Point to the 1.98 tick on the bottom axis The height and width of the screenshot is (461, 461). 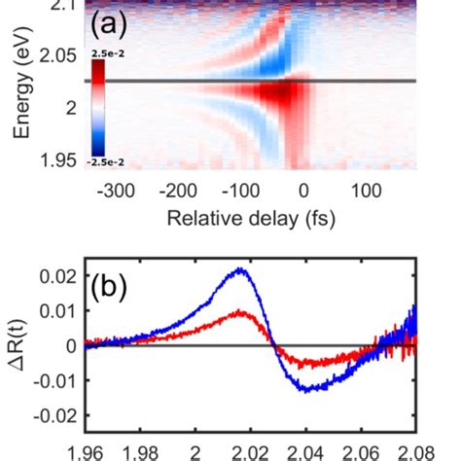(x=141, y=450)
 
